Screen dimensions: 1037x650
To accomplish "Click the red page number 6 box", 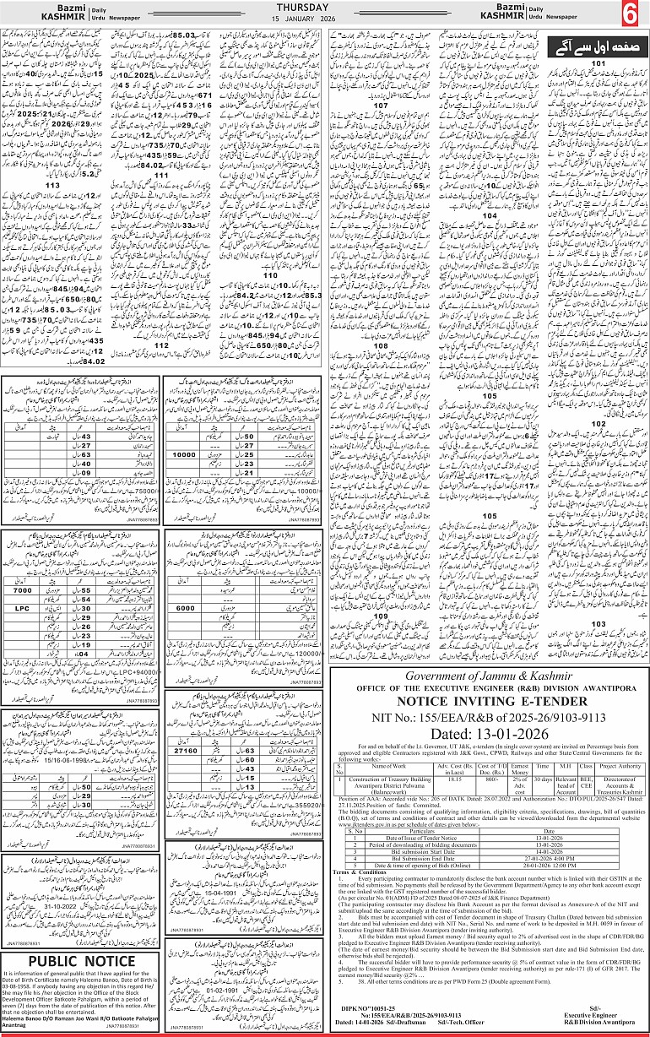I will click(x=630, y=14).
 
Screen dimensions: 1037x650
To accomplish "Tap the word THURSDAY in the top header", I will click(x=325, y=7).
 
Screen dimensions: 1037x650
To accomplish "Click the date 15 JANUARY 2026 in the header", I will click(x=325, y=19).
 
